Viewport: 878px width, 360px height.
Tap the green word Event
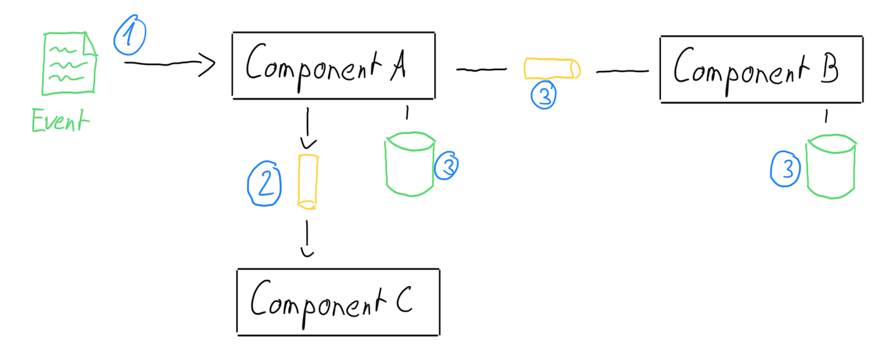59,122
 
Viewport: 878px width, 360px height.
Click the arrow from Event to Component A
169,64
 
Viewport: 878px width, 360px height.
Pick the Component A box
333,65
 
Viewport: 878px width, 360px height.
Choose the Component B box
761,70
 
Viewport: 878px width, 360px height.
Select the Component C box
338,302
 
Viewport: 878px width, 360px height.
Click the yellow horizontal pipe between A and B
552,68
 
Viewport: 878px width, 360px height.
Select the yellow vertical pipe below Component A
308,182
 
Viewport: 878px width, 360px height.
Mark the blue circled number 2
264,184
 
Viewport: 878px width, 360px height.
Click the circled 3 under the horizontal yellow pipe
544,95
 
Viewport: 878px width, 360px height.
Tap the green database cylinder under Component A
410,164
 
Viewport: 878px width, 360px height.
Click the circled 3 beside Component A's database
447,166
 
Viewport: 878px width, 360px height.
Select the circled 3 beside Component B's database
785,169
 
